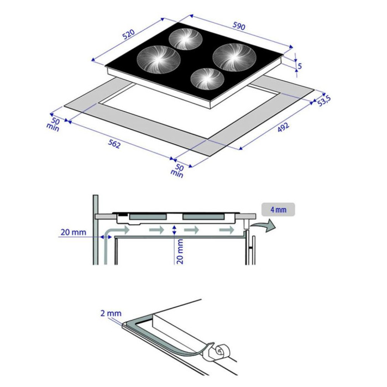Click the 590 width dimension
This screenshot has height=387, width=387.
238,27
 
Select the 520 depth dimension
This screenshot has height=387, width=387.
128,35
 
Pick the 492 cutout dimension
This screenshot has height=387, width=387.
283,128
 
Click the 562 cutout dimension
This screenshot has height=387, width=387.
113,144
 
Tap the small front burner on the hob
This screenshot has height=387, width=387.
207,79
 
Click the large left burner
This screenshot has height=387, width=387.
159,58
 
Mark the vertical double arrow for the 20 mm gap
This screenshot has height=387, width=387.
175,231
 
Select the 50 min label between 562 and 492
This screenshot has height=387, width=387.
178,170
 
